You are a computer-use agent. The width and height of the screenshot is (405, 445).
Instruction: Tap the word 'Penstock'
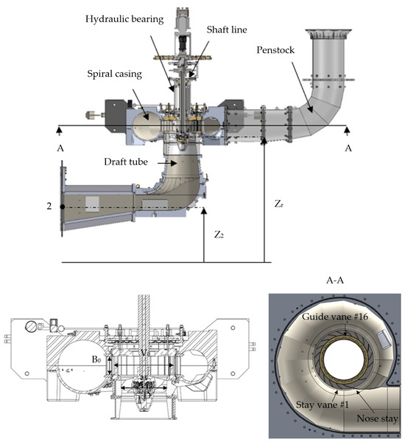(x=278, y=50)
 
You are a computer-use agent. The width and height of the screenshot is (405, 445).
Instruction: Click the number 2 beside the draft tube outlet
(x=49, y=207)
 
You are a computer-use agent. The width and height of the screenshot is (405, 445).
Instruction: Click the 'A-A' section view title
(x=336, y=280)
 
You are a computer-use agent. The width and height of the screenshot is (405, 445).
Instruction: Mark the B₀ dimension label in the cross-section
(x=96, y=359)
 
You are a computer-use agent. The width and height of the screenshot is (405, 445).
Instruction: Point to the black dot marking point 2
(x=61, y=207)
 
